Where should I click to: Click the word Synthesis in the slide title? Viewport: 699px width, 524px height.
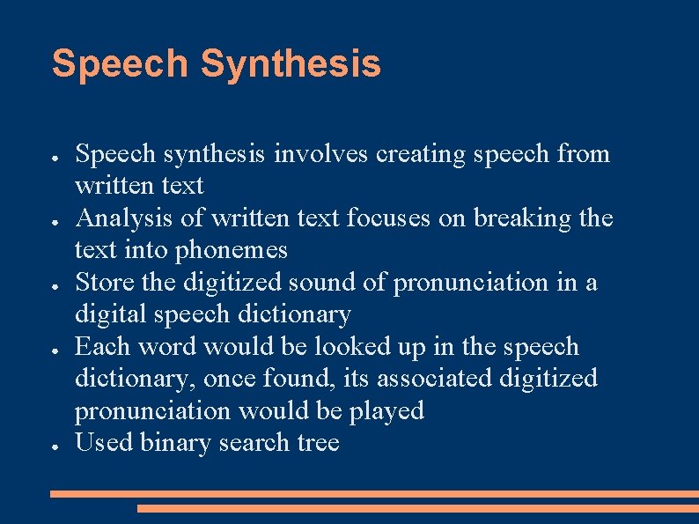(291, 64)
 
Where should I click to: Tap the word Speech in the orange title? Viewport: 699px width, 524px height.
(120, 64)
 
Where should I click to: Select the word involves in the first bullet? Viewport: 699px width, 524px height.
(322, 154)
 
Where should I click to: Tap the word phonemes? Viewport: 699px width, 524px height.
(232, 250)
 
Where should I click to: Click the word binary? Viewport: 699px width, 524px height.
(173, 442)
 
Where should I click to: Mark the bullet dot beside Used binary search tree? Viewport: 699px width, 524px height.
(55, 446)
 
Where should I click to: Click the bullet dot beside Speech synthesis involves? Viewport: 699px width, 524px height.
(55, 157)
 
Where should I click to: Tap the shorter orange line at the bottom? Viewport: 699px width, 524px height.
(417, 508)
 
